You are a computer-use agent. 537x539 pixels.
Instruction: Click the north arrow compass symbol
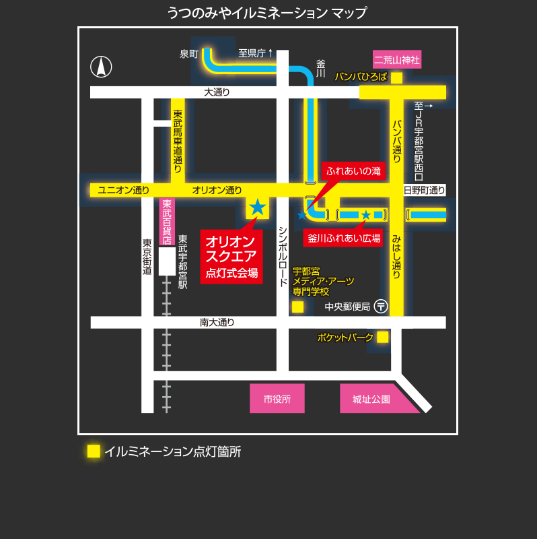101,67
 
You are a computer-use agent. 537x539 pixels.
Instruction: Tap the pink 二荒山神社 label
397,60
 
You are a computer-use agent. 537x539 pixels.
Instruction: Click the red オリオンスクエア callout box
231,257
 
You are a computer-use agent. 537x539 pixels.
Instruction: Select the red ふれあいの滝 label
353,171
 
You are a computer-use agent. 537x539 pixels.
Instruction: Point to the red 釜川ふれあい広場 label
344,238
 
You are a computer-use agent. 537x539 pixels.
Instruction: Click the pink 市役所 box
277,398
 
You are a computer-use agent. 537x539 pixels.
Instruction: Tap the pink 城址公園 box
371,398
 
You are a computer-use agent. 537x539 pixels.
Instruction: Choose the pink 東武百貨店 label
167,222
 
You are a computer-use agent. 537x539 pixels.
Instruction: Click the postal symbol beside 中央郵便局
381,307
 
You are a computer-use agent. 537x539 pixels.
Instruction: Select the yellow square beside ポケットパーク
382,337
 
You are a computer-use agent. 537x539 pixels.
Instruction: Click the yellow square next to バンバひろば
397,77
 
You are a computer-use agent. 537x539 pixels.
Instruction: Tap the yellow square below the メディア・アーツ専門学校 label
297,307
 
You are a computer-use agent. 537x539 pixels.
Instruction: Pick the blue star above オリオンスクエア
258,207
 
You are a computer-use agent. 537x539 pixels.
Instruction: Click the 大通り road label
217,92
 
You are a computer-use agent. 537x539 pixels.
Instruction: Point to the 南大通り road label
217,323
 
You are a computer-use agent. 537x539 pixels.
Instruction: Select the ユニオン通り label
123,190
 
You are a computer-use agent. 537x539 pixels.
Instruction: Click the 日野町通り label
424,190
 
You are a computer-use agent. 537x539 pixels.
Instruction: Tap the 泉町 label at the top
188,54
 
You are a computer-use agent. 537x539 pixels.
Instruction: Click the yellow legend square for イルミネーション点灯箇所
94,451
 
